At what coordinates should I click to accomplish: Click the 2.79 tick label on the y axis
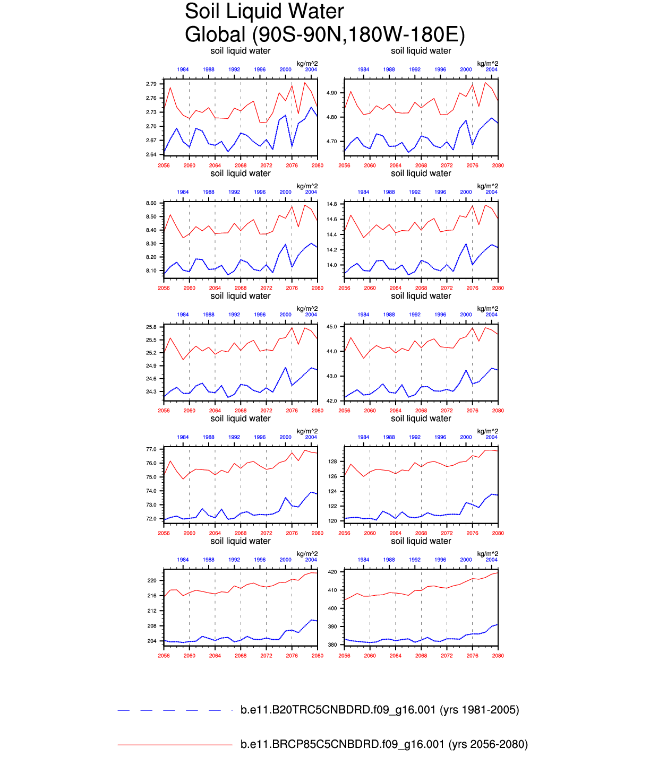point(151,84)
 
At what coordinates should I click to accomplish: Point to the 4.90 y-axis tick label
point(331,93)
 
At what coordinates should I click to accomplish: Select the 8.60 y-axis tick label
point(151,203)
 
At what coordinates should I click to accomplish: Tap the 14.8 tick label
point(332,204)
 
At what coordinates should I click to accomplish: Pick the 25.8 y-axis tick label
point(151,327)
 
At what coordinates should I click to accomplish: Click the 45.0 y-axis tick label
point(332,327)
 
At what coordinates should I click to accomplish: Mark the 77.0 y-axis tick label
point(151,450)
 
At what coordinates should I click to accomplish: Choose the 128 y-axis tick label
point(333,462)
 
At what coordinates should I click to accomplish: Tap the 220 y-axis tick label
point(152,581)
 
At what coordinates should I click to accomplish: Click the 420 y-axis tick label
point(333,572)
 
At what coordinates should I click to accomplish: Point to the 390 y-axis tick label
point(333,627)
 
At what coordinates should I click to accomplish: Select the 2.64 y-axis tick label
point(151,155)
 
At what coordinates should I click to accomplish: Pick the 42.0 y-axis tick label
point(332,401)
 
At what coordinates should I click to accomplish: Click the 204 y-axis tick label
point(152,641)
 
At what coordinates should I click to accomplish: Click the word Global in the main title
point(215,34)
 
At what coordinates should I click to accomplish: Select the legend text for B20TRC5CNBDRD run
point(380,710)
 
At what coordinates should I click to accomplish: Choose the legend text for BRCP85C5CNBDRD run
point(384,745)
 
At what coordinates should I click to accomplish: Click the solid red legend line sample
point(175,745)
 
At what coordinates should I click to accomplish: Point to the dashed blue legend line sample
point(175,710)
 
